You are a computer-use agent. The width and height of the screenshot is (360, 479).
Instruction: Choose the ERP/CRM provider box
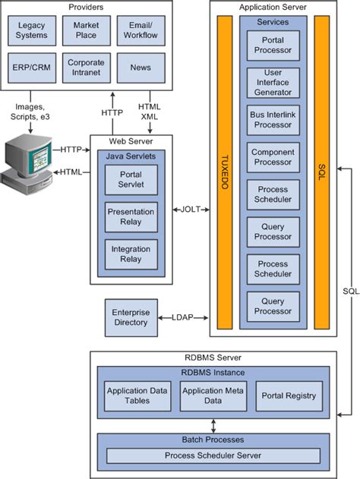[x=31, y=68]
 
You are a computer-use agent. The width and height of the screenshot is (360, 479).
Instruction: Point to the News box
[x=140, y=68]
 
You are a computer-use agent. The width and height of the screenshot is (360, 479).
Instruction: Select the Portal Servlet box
[x=131, y=181]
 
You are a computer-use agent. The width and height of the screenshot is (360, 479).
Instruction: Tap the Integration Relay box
[x=131, y=254]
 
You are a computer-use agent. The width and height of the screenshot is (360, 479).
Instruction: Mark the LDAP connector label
[x=182, y=317]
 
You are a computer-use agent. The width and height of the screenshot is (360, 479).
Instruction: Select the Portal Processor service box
[x=273, y=46]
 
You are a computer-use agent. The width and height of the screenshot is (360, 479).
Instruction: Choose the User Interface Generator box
[x=273, y=83]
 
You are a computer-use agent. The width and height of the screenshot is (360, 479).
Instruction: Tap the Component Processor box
[x=273, y=157]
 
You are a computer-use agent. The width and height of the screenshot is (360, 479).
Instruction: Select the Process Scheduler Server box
[x=213, y=455]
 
